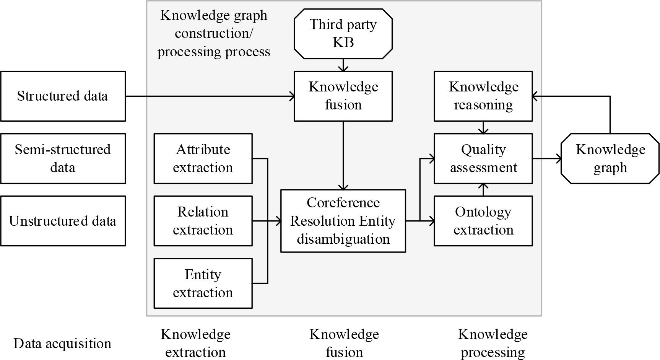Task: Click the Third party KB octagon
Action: pos(343,34)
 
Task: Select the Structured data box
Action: pos(63,96)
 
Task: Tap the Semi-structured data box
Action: pos(63,158)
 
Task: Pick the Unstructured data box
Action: pos(63,221)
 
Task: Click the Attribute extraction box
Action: pos(203,158)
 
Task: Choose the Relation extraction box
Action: pos(203,221)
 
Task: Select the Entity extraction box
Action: pos(203,283)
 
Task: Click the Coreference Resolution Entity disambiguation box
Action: pos(343,221)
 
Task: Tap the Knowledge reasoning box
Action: pos(483,96)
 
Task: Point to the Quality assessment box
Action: pos(483,158)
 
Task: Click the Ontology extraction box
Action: pos(483,221)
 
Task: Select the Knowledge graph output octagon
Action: pos(610,158)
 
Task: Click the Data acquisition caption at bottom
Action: pos(62,344)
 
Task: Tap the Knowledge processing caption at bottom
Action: pos(493,343)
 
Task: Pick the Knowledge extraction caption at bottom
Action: pos(195,343)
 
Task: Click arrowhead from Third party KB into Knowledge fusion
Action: pos(343,68)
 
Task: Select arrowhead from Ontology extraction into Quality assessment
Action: pos(483,187)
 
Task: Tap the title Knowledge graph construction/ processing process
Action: pos(214,33)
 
